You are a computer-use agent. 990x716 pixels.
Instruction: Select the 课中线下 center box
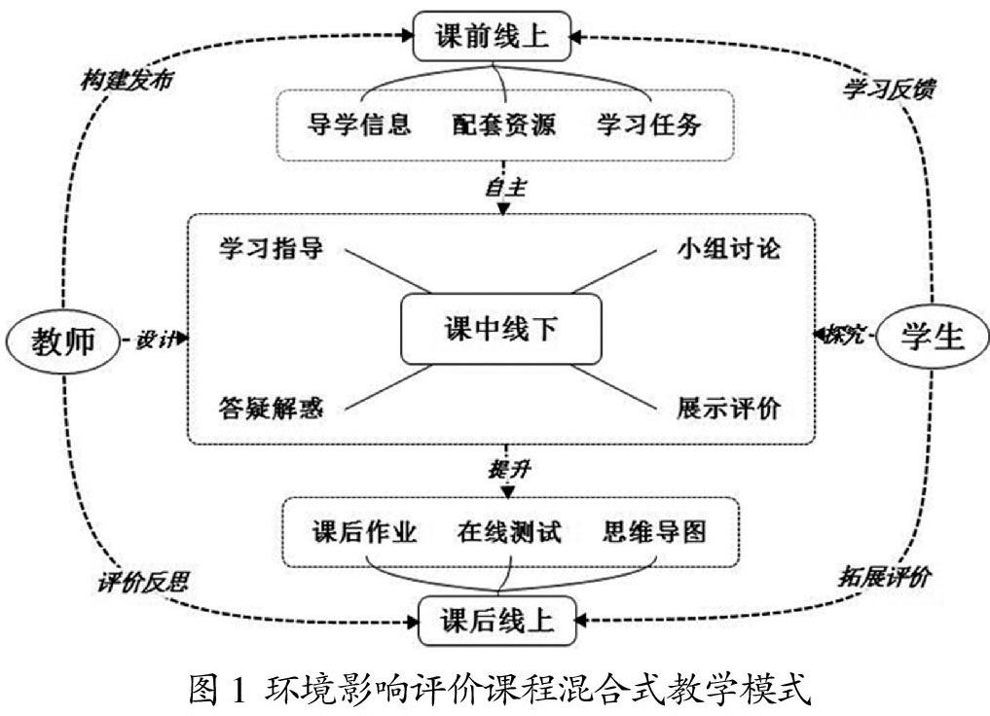(501, 331)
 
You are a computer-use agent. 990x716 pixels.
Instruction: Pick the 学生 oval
(932, 336)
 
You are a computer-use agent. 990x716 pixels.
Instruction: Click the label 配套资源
(502, 125)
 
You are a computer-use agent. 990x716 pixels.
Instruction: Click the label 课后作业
(365, 532)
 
